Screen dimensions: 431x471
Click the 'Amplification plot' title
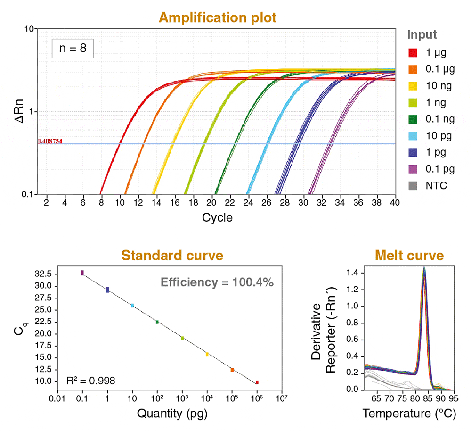pos(217,18)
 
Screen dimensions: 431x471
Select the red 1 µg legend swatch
pos(413,52)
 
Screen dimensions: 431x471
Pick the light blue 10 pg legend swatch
pos(413,136)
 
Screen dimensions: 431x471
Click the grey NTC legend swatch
pos(413,186)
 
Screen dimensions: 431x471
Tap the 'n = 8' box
pos(73,48)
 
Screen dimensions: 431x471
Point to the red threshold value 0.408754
pos(50,141)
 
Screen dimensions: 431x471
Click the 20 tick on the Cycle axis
pos(212,202)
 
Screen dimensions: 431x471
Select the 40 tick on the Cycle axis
pos(394,202)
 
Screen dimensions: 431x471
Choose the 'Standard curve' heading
pos(172,256)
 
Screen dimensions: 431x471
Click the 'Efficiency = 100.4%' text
pos(217,282)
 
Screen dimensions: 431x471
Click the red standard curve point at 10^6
pos(257,382)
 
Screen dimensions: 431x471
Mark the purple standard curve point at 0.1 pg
pos(82,273)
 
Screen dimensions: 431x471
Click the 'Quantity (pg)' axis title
pos(172,414)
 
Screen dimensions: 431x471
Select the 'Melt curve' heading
pos(409,256)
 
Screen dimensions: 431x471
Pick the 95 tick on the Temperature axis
pos(453,398)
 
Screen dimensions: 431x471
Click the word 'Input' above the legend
pos(422,34)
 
